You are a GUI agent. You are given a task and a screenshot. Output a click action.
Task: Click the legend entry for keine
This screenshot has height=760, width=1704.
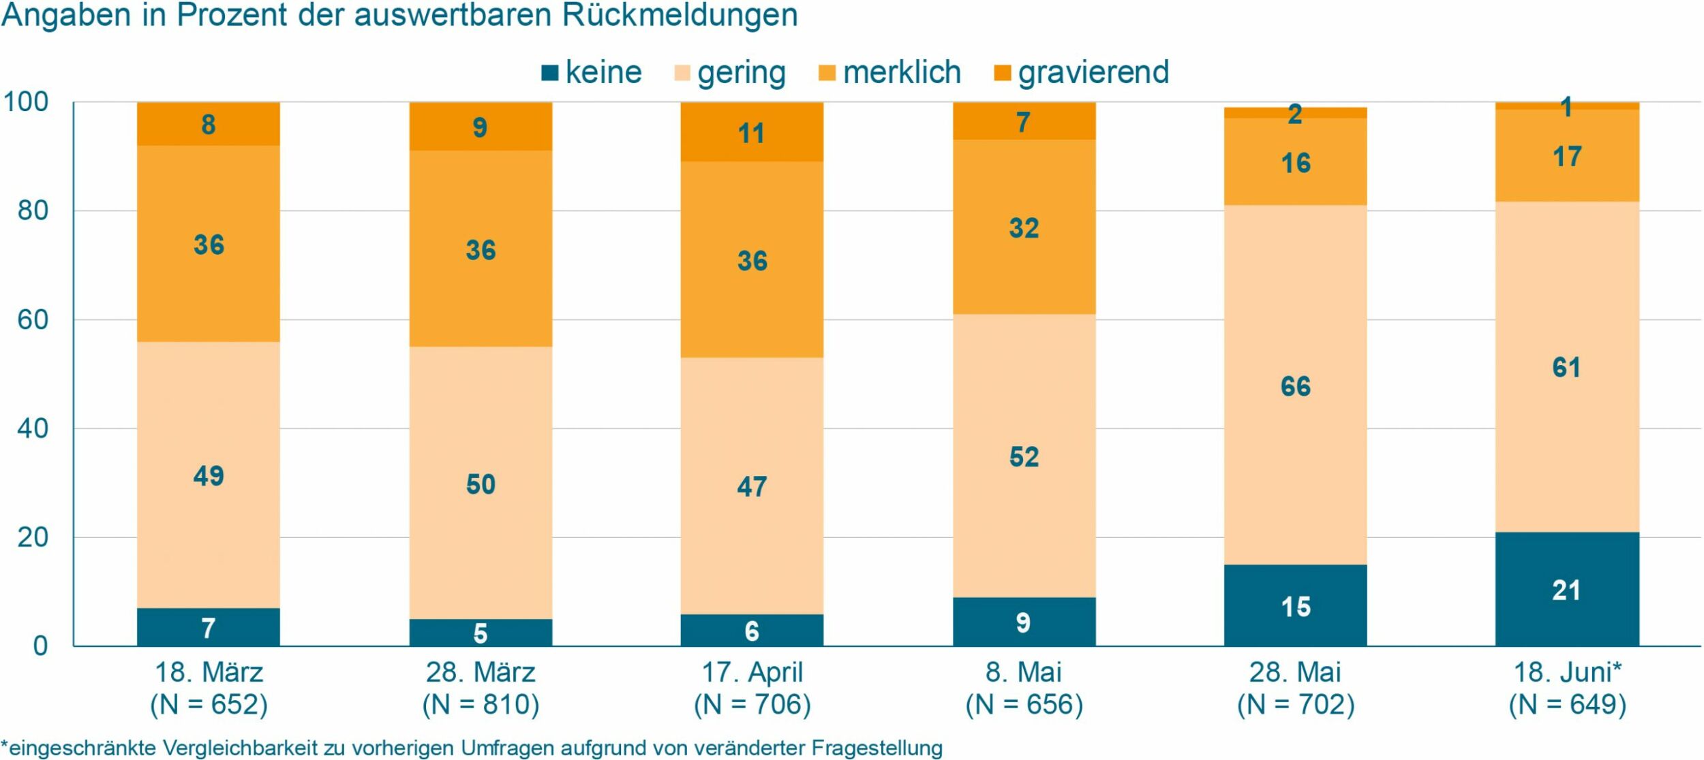pos(591,73)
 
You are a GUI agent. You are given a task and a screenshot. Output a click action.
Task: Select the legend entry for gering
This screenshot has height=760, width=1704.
pos(729,73)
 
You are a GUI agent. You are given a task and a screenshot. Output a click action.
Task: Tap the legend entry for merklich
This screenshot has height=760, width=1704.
pos(889,73)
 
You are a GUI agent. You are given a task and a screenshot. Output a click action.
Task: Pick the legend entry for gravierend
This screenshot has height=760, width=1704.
pos(1082,73)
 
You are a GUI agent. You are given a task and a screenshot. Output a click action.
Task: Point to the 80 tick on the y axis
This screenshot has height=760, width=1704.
pos(33,210)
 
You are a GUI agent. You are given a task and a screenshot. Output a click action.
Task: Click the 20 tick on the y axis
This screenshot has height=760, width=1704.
pos(33,538)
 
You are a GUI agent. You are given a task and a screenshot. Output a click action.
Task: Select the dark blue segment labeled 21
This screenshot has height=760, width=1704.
pos(1566,590)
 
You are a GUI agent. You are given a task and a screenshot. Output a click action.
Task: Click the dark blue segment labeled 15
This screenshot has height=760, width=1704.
pos(1295,605)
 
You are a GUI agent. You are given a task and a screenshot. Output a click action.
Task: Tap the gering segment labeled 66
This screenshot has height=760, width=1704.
pos(1295,385)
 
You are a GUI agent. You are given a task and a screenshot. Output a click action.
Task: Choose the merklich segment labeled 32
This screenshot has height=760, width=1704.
pos(1024,227)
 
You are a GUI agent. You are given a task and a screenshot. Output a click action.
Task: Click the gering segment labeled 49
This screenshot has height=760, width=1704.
pos(208,475)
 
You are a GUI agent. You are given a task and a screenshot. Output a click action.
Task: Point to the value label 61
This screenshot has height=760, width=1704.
pos(1566,368)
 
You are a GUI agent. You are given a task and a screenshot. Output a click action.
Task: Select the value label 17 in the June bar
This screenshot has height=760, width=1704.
pos(1566,157)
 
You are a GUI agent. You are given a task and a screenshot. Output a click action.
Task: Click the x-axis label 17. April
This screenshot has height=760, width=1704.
pos(752,672)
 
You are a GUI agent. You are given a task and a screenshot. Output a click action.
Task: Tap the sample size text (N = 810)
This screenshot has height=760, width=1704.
pos(481,704)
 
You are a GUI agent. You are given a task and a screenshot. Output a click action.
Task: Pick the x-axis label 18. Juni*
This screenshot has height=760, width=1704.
pos(1566,672)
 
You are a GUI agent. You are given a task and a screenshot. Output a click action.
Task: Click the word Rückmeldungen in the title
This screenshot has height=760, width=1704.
pos(680,15)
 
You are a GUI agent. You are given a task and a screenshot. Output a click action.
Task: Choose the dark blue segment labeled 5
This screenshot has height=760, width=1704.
pos(481,633)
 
